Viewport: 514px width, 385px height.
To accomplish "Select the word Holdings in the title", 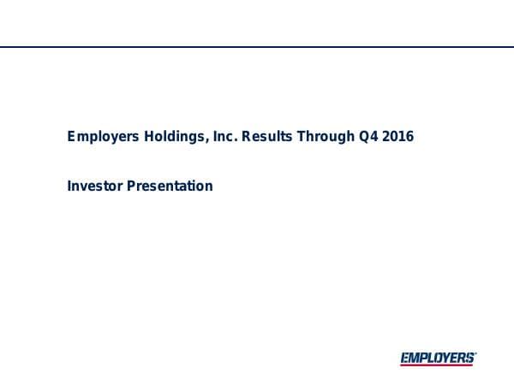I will pos(168,136).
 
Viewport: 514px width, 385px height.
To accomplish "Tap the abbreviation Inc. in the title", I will pos(221,136).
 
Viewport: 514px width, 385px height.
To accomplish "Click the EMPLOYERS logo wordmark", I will pos(437,358).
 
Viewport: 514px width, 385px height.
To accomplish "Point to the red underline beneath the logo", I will pos(437,365).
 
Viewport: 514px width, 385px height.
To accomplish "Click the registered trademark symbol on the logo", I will pos(475,352).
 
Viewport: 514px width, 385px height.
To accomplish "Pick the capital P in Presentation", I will pos(131,186).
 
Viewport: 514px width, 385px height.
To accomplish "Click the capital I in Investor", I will pos(69,186).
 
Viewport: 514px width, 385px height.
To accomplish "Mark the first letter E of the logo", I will pos(404,358).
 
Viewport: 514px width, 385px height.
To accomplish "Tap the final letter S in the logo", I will pos(469,358).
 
